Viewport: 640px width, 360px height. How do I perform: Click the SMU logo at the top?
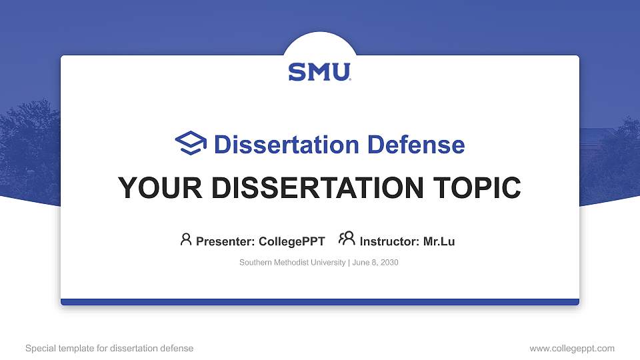pos(319,72)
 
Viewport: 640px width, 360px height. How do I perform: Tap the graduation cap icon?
pos(191,143)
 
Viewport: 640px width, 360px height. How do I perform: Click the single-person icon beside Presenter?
pos(186,239)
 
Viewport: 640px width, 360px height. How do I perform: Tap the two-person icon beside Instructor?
pos(347,239)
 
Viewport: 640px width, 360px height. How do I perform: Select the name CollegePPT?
pos(291,241)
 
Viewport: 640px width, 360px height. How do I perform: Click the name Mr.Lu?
pos(439,241)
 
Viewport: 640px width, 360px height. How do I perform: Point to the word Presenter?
pos(225,241)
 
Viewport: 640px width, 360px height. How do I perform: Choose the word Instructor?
pos(389,241)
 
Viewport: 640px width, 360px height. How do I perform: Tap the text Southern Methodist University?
pos(292,263)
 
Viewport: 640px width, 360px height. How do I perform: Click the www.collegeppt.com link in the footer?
pos(571,348)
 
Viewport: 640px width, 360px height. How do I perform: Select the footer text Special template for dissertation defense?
pos(109,348)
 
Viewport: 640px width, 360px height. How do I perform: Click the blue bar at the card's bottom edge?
pos(320,302)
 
